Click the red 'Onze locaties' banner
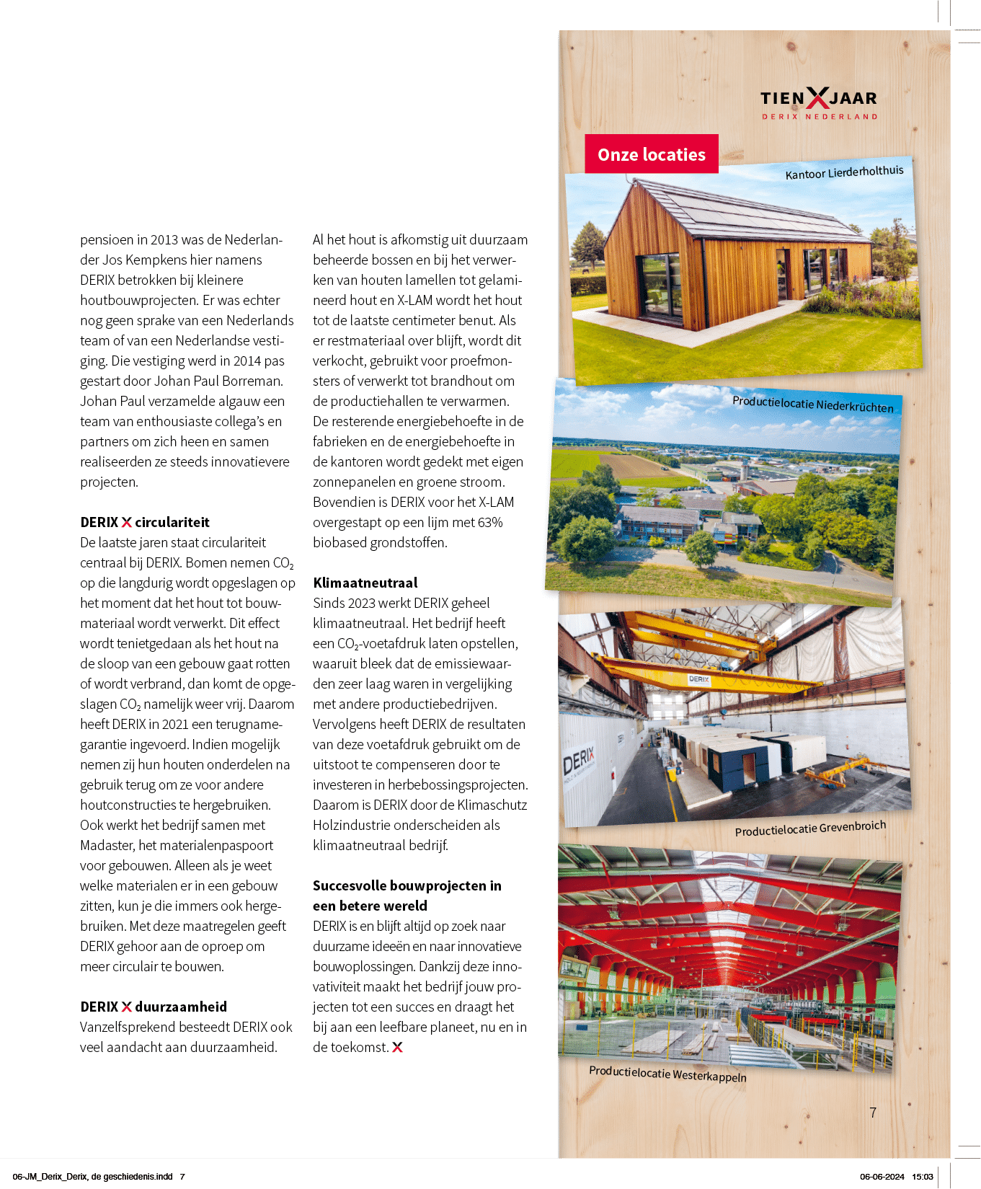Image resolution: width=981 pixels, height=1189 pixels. click(x=651, y=154)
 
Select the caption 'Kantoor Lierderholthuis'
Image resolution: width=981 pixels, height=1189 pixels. click(x=844, y=172)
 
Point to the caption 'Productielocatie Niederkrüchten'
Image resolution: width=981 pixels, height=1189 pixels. click(x=812, y=404)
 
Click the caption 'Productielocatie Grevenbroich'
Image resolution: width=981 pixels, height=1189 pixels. click(x=810, y=828)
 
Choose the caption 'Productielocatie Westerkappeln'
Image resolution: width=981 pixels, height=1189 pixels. click(x=667, y=1074)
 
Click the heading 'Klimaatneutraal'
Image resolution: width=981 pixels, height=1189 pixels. click(x=365, y=583)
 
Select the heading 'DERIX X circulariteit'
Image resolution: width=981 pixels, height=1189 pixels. click(x=145, y=522)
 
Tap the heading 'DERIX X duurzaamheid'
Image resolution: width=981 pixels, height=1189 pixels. click(x=154, y=1007)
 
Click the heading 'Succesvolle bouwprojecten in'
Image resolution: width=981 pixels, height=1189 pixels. click(x=407, y=885)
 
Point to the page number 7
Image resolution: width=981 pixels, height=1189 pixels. click(x=873, y=1113)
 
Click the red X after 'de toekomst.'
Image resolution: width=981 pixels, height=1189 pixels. click(x=397, y=1047)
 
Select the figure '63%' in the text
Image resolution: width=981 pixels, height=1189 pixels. click(x=489, y=522)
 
